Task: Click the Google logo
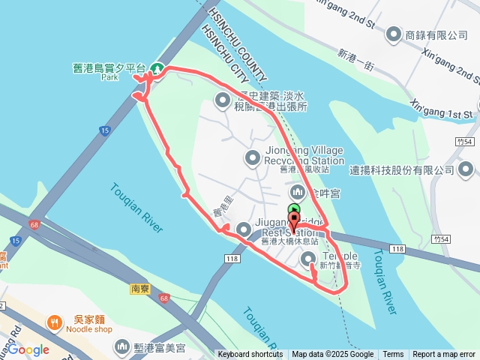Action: [x=28, y=349]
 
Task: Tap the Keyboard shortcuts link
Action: [x=250, y=355]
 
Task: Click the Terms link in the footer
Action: [x=393, y=355]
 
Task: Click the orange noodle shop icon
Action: [x=54, y=323]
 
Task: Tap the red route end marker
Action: [x=293, y=221]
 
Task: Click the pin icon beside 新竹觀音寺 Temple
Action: [x=308, y=259]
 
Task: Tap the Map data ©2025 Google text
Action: [x=333, y=355]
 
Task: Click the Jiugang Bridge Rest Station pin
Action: [x=243, y=229]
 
